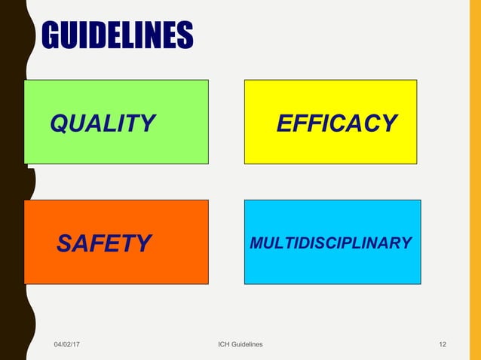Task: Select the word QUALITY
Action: [x=103, y=123]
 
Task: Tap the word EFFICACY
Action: [x=337, y=123]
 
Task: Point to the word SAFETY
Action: [x=104, y=243]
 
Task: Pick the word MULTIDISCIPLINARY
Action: [x=330, y=243]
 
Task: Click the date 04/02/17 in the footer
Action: [x=68, y=344]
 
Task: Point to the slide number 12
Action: [x=443, y=344]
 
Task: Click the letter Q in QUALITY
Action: [x=59, y=123]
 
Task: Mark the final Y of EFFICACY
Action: [x=389, y=123]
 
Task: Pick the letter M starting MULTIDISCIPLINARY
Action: [x=256, y=243]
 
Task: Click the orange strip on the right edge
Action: [x=474, y=180]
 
